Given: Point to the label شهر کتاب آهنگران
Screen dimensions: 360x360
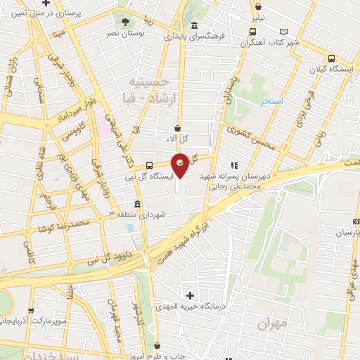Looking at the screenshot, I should [270, 42].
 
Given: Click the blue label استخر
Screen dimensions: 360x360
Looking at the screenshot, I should [271, 102].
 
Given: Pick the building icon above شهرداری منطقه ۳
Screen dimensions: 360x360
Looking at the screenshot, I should [136, 204].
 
